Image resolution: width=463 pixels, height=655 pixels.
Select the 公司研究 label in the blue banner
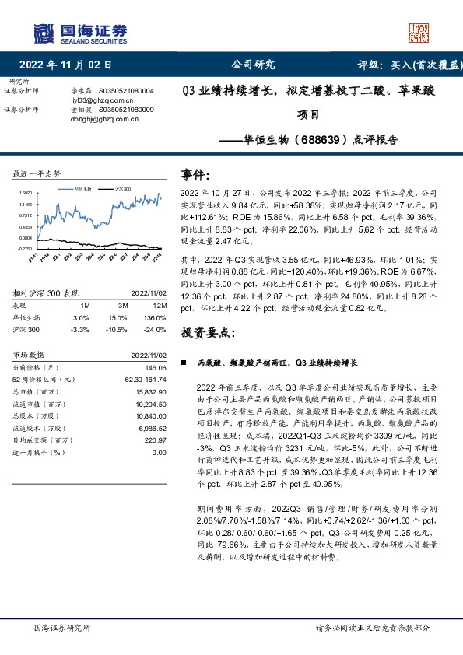[x=253, y=65]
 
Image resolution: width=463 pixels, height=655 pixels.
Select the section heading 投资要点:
[x=206, y=332]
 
